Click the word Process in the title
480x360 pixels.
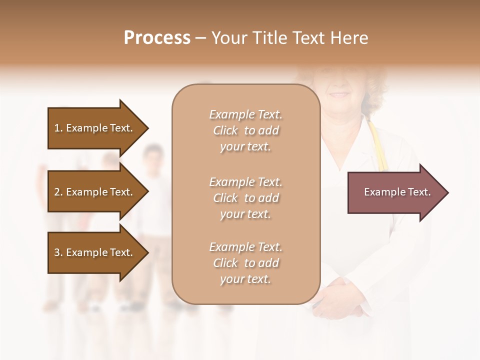[x=157, y=38]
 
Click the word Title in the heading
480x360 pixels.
[x=268, y=38]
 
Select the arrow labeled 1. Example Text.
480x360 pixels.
[x=95, y=128]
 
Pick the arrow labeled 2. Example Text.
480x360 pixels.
[x=95, y=192]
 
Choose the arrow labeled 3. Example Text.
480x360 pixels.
[x=95, y=252]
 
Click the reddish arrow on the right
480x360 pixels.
[x=395, y=192]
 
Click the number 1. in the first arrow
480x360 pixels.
[x=58, y=128]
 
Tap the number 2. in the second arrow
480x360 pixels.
[x=58, y=192]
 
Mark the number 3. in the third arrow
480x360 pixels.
[x=58, y=252]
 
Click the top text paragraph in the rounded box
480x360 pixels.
[x=245, y=130]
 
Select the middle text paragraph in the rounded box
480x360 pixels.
[x=245, y=198]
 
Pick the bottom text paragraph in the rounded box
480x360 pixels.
[x=245, y=263]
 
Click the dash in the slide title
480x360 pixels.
[x=201, y=38]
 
